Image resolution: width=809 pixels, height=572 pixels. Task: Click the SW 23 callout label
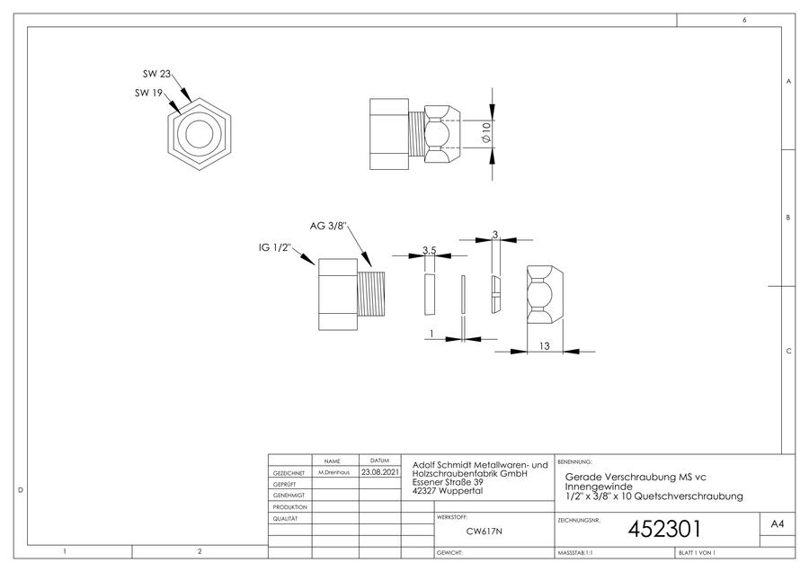156,74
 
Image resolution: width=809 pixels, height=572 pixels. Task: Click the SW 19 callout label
148,93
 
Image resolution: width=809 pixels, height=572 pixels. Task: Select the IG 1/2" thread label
275,248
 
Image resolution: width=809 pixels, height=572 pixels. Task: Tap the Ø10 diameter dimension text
485,133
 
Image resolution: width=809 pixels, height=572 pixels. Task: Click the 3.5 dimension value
430,250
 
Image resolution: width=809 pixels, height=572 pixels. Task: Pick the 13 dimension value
545,346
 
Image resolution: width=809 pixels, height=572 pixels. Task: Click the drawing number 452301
664,529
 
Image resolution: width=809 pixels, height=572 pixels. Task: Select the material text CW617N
484,532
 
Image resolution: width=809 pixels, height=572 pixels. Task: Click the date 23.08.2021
379,472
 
